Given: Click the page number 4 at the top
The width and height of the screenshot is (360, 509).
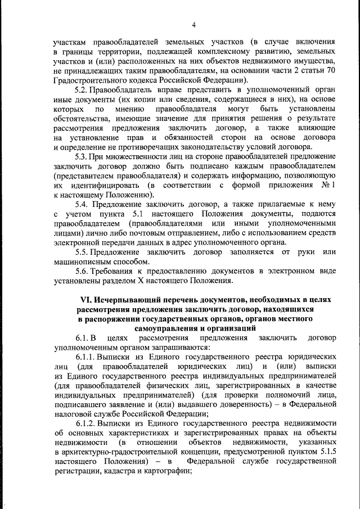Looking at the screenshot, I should click(x=193, y=24).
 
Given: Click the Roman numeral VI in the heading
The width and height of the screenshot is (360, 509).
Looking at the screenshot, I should click(x=85, y=300).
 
